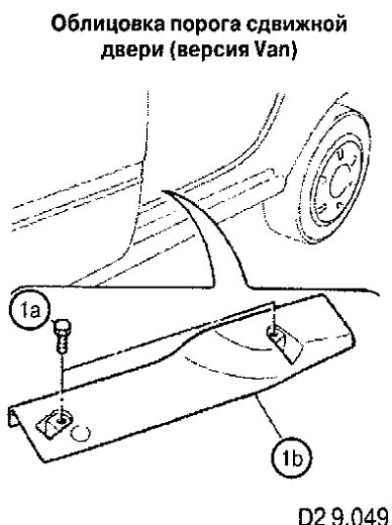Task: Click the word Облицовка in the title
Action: (x=108, y=25)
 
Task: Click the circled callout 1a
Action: (x=29, y=310)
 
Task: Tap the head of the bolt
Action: (x=62, y=327)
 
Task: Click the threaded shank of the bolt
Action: (x=62, y=343)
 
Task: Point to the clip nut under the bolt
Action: (x=55, y=423)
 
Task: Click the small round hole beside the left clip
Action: (x=80, y=434)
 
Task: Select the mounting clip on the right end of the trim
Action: (x=283, y=343)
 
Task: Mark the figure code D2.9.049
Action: (x=345, y=516)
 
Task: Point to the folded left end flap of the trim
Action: (x=13, y=416)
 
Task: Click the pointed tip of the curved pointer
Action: (x=162, y=191)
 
